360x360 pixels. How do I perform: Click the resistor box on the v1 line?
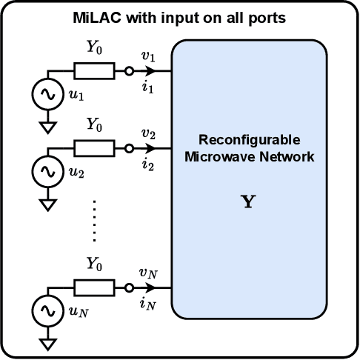[94, 71]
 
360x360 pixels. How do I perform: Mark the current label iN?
[148, 303]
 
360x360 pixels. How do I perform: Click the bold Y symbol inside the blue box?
[249, 201]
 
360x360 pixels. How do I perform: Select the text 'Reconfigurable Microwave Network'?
[249, 148]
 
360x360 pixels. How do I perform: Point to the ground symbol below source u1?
[49, 127]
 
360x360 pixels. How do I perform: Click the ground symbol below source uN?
[49, 343]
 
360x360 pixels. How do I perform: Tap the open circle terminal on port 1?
[129, 71]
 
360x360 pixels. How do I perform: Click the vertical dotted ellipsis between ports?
[94, 220]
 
